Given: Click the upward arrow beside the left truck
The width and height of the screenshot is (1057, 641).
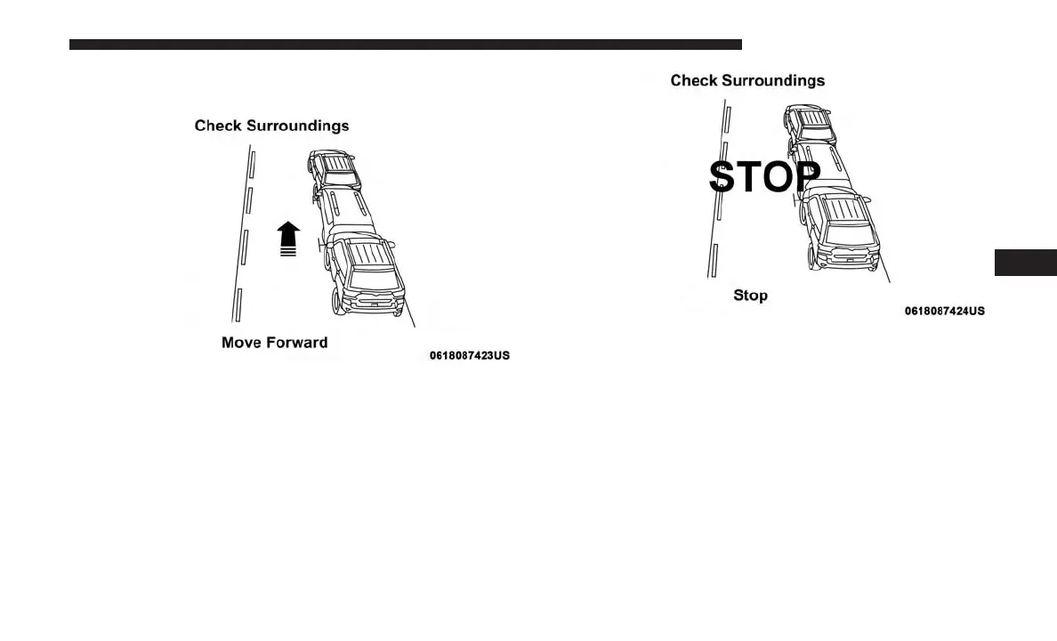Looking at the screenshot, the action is tap(287, 239).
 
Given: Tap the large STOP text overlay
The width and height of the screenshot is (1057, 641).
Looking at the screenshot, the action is tap(764, 177).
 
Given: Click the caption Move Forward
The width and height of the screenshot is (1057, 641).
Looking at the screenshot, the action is tap(274, 343).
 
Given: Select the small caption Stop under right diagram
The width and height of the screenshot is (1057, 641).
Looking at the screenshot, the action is tap(750, 296).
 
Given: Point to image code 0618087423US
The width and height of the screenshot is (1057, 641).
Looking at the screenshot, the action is tap(469, 356).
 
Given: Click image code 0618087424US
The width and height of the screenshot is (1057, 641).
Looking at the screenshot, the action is tap(944, 311).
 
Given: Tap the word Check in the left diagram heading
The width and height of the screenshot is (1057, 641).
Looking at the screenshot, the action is tap(218, 126).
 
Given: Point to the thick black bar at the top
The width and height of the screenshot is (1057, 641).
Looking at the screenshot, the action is tap(405, 44).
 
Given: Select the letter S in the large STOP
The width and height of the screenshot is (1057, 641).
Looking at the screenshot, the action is tap(724, 177).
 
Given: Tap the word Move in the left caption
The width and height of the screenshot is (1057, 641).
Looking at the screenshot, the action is tap(240, 343).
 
